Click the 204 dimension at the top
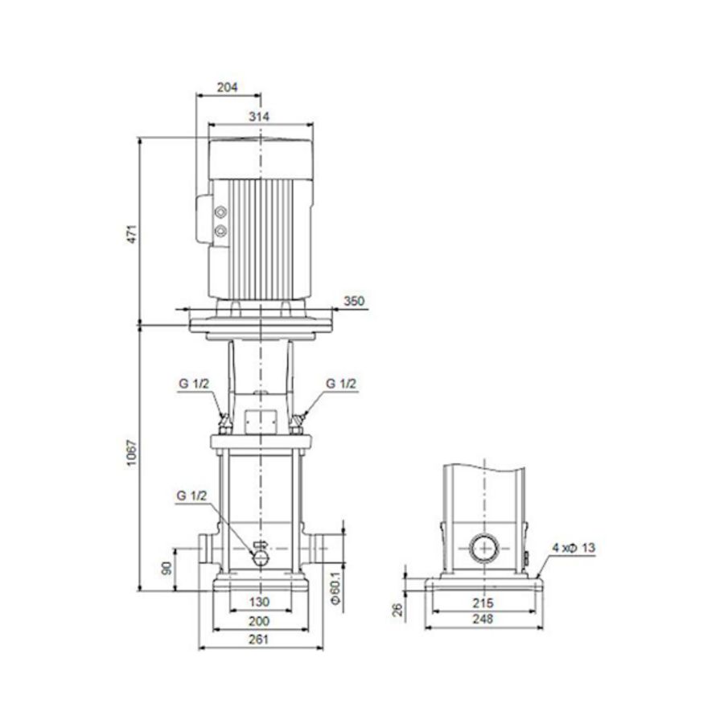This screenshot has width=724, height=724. point(228,88)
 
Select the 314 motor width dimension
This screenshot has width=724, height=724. point(259,117)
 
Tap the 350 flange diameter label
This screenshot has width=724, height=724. point(355,302)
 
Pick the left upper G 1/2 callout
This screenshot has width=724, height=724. point(194,384)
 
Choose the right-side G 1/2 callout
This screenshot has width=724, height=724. point(342,384)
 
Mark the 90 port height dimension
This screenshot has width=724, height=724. point(167,568)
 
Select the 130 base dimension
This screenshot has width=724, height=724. point(259,602)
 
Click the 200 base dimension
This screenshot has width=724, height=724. point(259,621)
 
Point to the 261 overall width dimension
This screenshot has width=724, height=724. point(259,640)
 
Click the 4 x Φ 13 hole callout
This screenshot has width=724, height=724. point(574,548)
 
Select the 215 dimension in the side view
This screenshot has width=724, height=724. point(483,602)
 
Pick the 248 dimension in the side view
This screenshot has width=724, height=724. point(483,619)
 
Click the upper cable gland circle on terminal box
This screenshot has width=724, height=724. point(220,213)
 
